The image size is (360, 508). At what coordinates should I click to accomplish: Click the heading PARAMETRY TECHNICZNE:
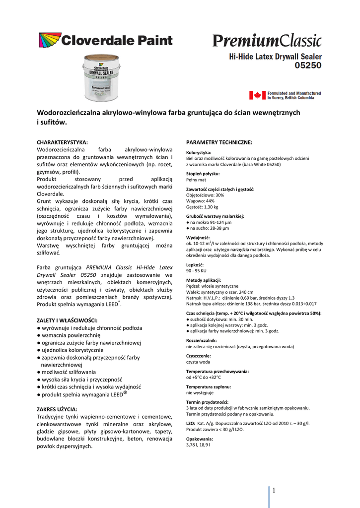pos(219,142)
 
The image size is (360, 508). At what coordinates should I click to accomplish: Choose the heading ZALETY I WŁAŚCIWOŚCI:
pos(67,320)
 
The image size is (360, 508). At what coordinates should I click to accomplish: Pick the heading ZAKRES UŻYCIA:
pos(57,409)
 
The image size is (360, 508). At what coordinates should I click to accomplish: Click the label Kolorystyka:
pos(199,153)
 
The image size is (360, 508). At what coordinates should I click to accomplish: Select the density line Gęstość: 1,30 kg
pos(202,207)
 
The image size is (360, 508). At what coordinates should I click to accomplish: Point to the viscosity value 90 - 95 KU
pos(196,271)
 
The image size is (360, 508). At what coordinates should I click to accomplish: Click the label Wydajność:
pos(198,238)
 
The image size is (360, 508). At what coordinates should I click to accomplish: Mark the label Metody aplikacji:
pos(204,280)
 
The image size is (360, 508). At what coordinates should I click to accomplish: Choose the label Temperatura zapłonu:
pos(208,386)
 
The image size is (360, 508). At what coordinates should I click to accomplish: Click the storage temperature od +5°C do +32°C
pos(207,377)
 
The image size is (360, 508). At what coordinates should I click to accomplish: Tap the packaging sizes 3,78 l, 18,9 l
pos(198,445)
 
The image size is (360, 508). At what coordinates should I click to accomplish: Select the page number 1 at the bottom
pos(274,491)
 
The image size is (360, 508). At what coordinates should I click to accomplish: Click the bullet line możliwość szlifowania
pos(66,372)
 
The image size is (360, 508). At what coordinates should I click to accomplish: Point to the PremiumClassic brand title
pos(267,40)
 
